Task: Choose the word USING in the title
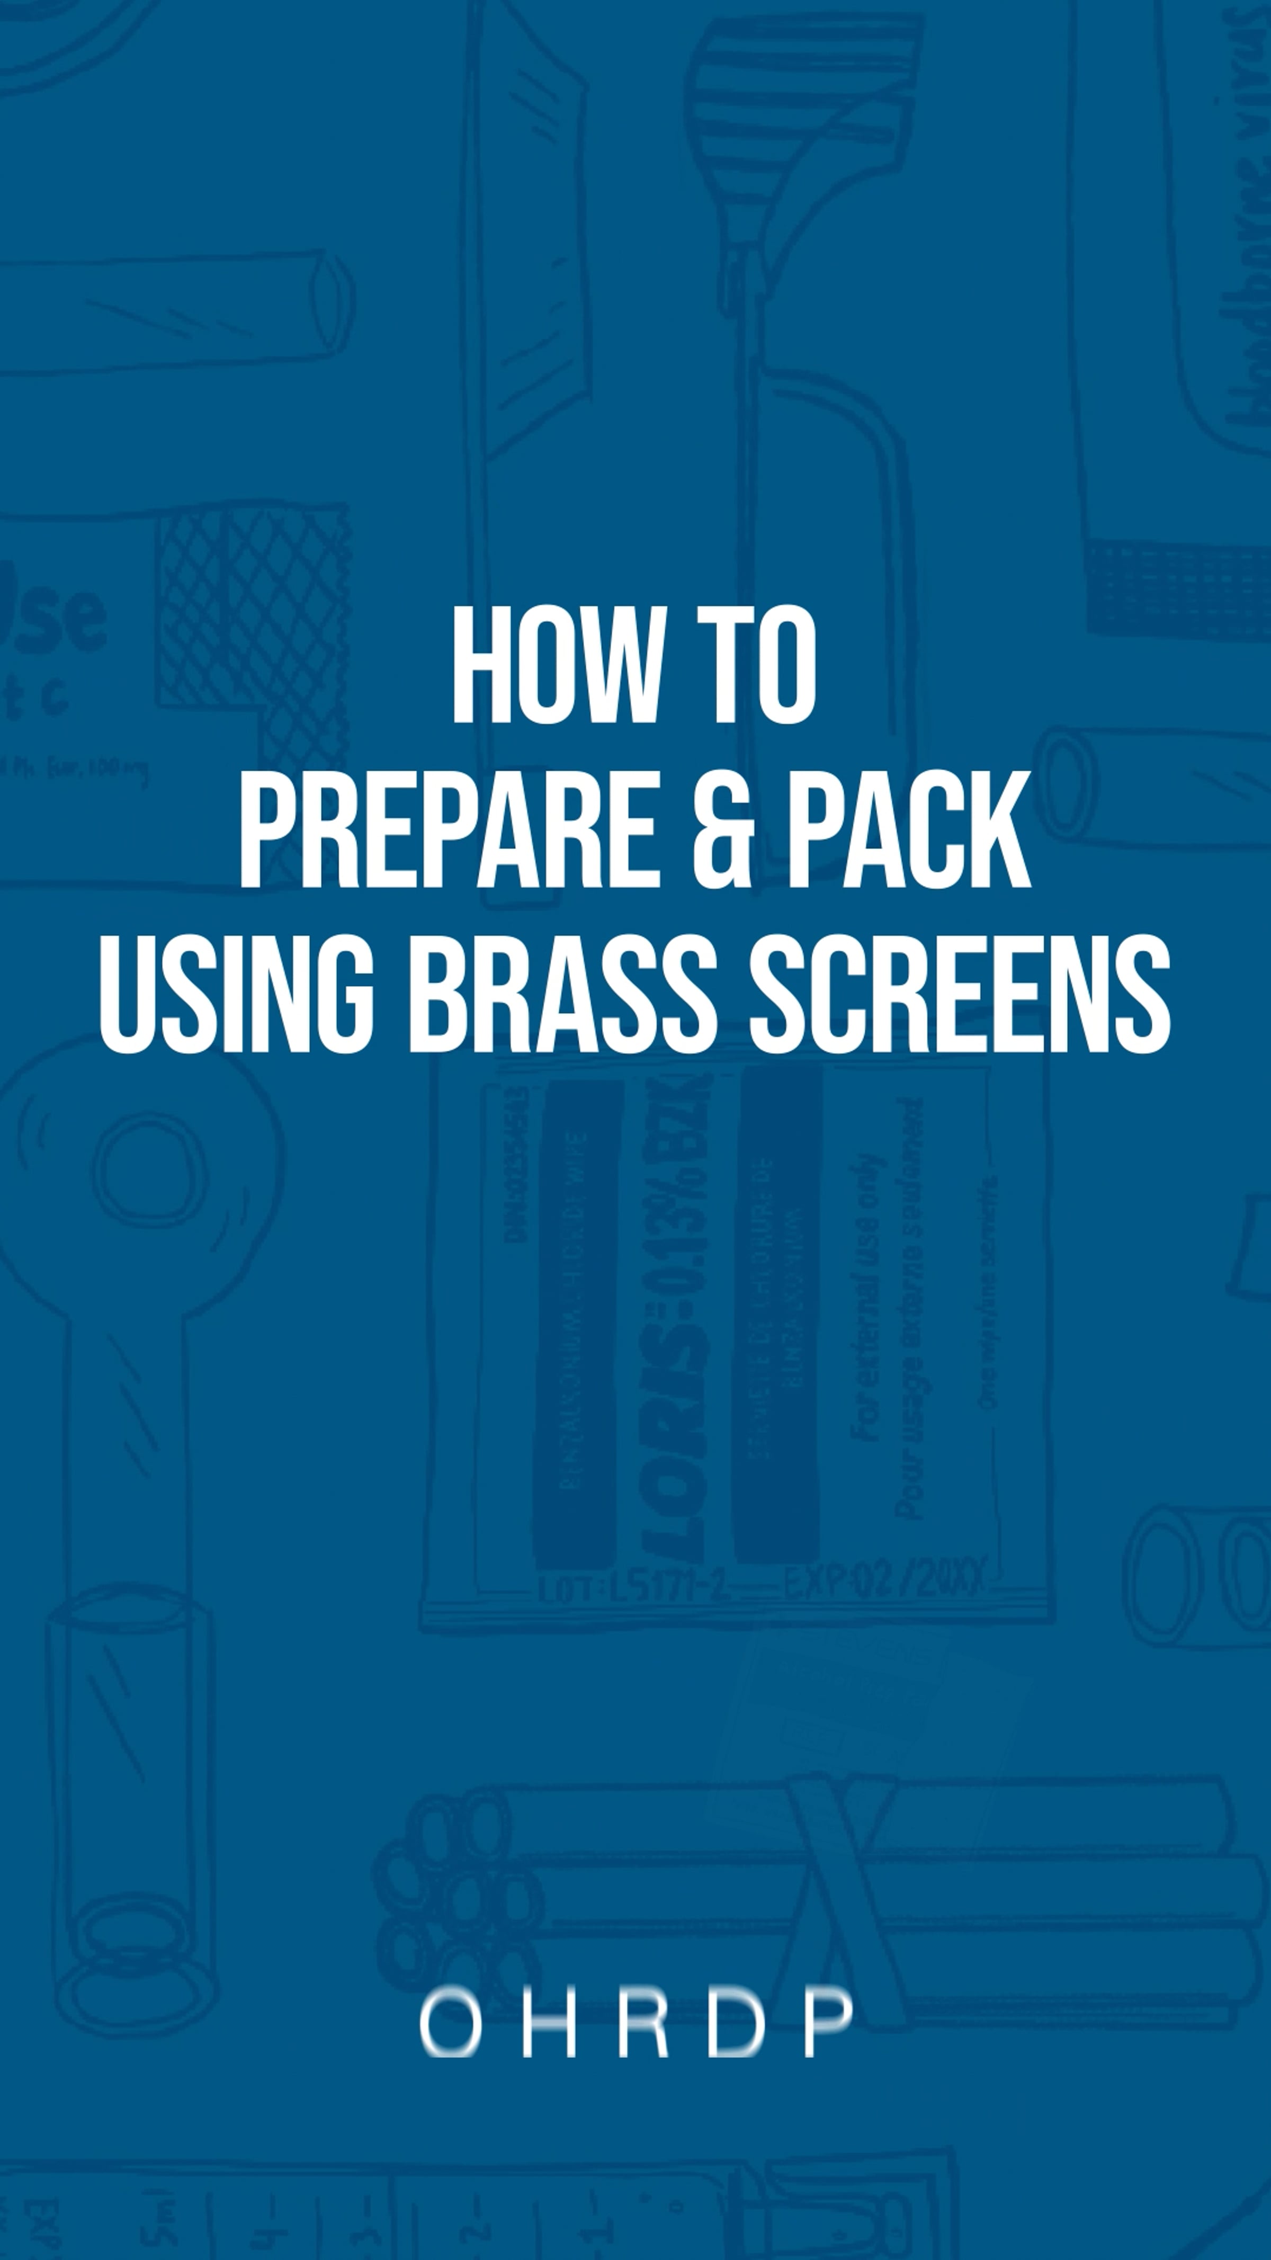[x=237, y=994]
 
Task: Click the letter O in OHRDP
[x=450, y=2023]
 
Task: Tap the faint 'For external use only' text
[x=869, y=1299]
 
